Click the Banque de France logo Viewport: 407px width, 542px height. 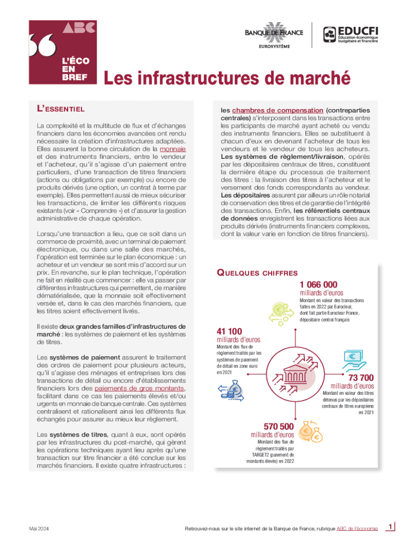click(x=274, y=34)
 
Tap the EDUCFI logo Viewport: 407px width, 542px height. click(x=352, y=34)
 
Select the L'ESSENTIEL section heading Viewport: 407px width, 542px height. click(x=60, y=109)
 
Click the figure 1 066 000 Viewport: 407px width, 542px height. click(x=318, y=284)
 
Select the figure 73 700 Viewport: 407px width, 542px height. click(x=361, y=377)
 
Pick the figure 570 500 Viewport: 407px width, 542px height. click(x=279, y=427)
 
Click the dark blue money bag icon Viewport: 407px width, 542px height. click(x=230, y=392)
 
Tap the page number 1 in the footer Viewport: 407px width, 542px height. click(x=390, y=526)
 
